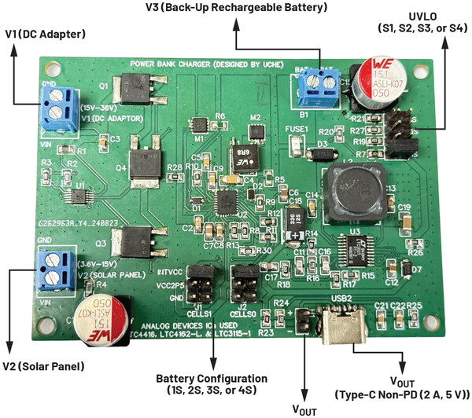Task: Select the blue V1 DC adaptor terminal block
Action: pyautogui.click(x=56, y=107)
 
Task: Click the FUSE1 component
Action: pyautogui.click(x=297, y=145)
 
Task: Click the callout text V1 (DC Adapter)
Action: pyautogui.click(x=46, y=33)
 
